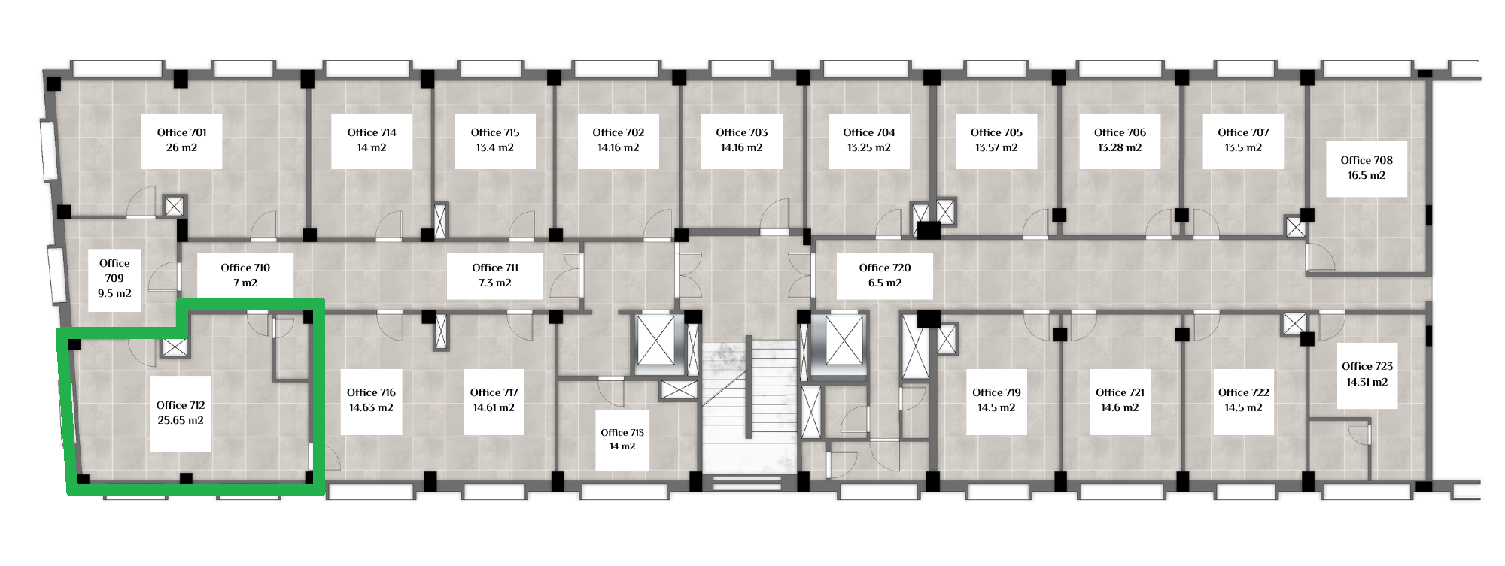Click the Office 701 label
181,132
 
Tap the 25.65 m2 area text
181,421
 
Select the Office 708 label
1367,160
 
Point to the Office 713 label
622,433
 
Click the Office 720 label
885,268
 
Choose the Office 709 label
114,271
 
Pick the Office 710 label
245,268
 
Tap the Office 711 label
495,268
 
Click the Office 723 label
1367,366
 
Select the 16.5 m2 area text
1367,176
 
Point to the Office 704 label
869,132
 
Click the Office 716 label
371,392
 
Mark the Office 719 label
996,392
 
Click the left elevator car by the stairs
657,343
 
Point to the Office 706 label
1120,132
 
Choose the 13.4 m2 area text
495,148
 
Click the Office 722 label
1243,392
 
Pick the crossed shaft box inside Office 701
174,206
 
